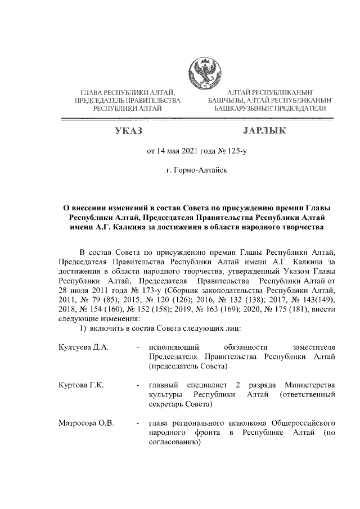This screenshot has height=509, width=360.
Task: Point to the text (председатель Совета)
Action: [x=188, y=366]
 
